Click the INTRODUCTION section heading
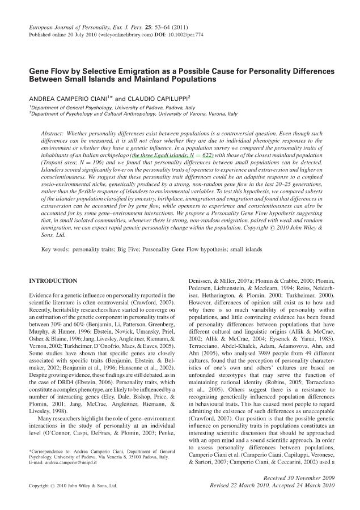[x=53, y=280]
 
